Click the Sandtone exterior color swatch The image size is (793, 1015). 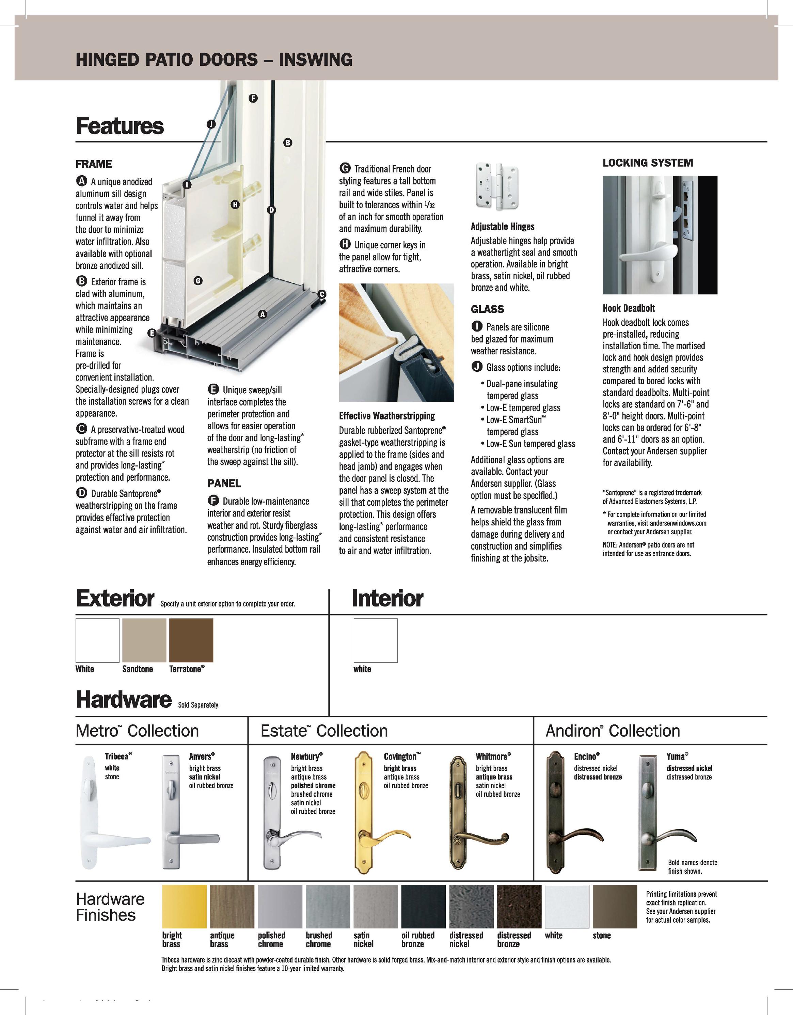[144, 640]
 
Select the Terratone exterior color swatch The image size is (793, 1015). [191, 640]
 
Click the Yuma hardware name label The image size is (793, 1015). [677, 756]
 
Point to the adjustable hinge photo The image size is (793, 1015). [498, 186]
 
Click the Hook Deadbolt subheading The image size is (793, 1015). [629, 308]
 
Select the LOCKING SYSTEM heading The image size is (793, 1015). [648, 163]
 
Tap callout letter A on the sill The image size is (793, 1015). [263, 314]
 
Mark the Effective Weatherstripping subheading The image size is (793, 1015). [386, 416]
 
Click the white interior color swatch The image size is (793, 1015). [375, 640]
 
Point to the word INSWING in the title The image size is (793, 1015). [315, 60]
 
